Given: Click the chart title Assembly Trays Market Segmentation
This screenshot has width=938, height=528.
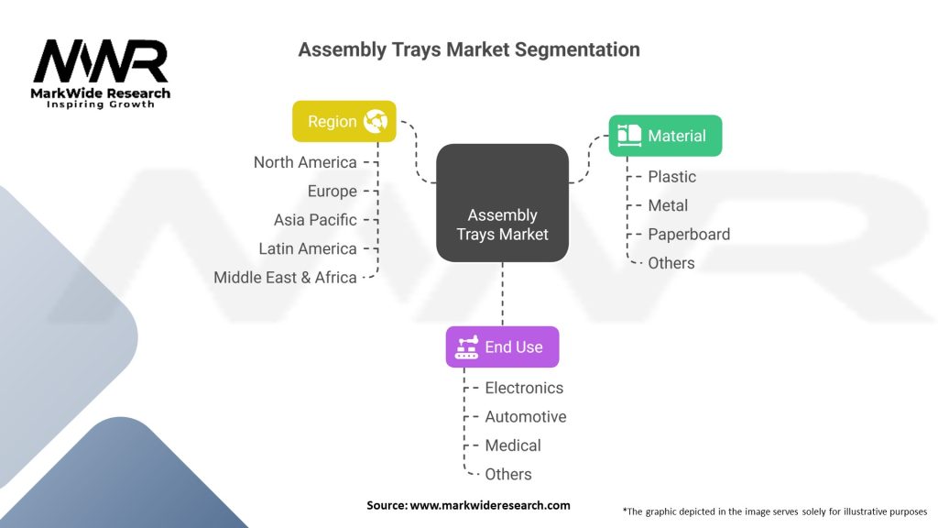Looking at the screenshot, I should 469,49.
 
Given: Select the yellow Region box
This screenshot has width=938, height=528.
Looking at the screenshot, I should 344,121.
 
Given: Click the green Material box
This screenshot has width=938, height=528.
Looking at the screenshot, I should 665,136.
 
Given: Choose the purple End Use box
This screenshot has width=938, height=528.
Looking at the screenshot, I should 502,346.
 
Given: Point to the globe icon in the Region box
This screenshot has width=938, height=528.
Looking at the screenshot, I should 376,121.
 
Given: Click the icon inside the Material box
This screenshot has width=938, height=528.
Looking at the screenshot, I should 629,136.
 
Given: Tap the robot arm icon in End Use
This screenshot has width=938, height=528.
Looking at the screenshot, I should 467,346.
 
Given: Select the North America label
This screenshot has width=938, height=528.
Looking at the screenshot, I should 305,162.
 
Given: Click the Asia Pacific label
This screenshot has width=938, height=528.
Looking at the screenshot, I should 315,220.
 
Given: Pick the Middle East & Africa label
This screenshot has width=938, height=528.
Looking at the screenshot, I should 285,277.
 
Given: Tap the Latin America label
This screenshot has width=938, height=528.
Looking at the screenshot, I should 308,248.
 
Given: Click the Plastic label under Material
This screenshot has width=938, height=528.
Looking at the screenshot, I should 671,177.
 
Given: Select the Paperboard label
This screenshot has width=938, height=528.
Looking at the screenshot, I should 689,234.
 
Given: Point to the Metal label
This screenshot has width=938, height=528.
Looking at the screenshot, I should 668,205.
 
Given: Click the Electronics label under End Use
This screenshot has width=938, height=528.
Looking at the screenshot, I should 524,388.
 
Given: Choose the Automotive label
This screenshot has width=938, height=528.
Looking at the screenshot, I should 526,416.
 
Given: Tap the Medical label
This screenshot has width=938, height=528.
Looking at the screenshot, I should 513,445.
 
